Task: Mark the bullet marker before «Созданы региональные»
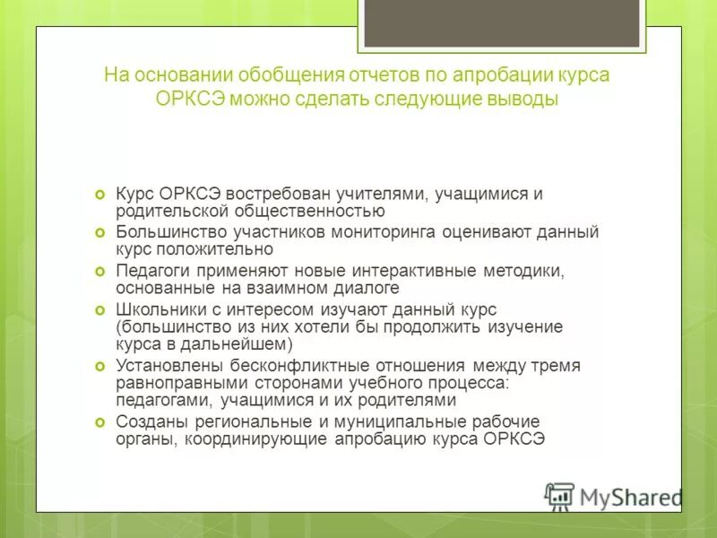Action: point(100,421)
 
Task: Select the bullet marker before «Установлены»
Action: point(100,366)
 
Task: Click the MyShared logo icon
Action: point(559,496)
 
